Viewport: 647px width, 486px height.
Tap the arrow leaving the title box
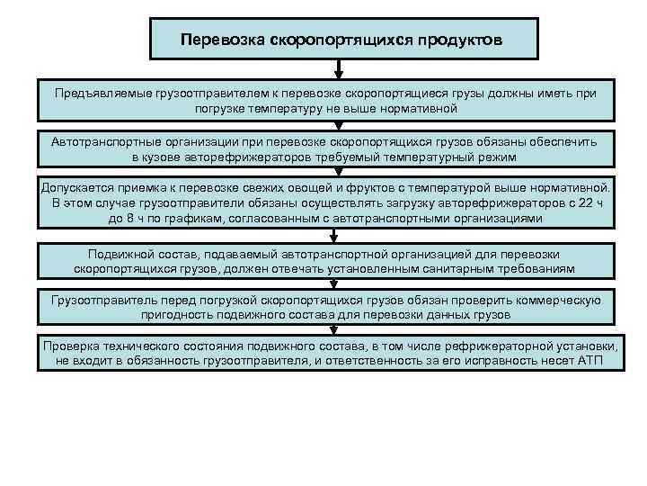[x=337, y=68]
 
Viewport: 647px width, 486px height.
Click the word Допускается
[x=82, y=188]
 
